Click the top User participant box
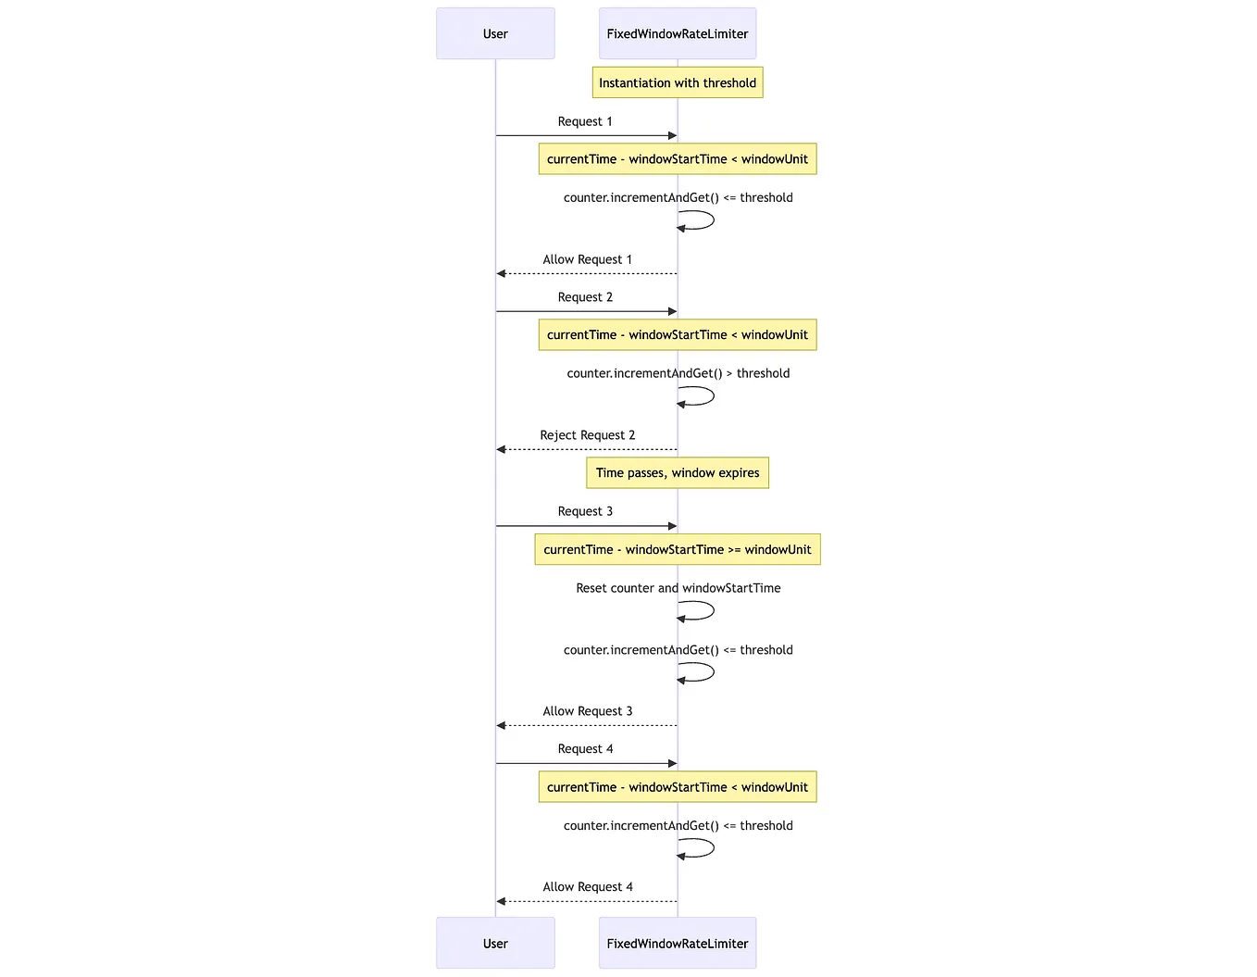pyautogui.click(x=495, y=34)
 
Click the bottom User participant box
pyautogui.click(x=495, y=943)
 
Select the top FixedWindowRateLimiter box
pyautogui.click(x=678, y=34)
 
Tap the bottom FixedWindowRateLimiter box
pyautogui.click(x=678, y=943)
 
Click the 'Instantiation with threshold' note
pyautogui.click(x=678, y=83)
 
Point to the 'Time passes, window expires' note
pyautogui.click(x=678, y=473)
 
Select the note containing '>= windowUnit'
pyautogui.click(x=678, y=550)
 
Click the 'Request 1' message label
pyautogui.click(x=585, y=121)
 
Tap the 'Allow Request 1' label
pyautogui.click(x=587, y=259)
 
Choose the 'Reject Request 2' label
pyautogui.click(x=587, y=435)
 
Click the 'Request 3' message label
pyautogui.click(x=585, y=511)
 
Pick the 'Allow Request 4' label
pyautogui.click(x=587, y=887)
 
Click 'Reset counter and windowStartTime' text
pyautogui.click(x=678, y=588)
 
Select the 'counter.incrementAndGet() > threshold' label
pyautogui.click(x=678, y=373)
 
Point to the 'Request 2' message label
pyautogui.click(x=585, y=297)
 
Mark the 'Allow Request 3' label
pyautogui.click(x=587, y=711)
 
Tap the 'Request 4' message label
pyautogui.click(x=585, y=749)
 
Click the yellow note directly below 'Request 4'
pyautogui.click(x=678, y=787)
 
